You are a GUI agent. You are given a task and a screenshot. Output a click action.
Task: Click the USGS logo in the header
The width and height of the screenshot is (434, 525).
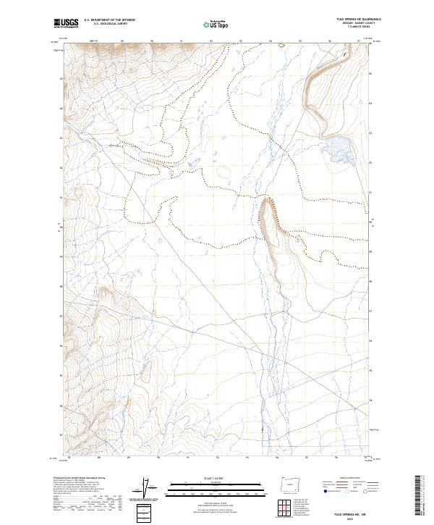coord(66,24)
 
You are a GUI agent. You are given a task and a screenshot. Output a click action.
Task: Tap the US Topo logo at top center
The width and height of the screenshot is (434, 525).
coord(216,25)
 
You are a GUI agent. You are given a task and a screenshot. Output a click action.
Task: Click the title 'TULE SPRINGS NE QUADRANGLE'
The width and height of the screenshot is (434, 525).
coord(358,19)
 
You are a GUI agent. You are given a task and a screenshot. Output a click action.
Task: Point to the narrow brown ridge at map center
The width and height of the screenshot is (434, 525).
coord(269,221)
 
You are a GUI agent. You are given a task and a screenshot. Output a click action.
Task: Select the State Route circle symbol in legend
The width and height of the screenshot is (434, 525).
coord(365,491)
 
